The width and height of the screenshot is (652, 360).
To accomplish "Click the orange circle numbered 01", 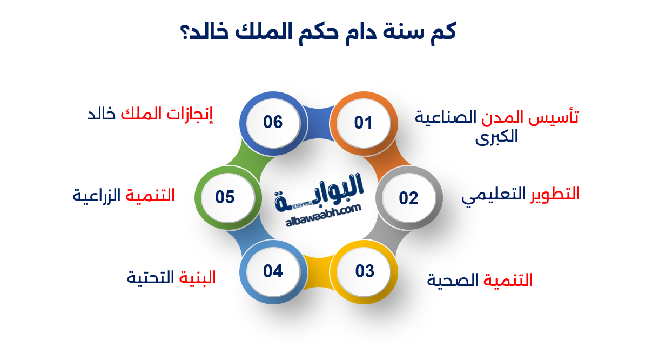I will (364, 123).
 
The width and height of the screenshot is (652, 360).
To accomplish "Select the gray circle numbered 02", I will (409, 198).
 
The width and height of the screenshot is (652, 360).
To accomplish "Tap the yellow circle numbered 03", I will (364, 271).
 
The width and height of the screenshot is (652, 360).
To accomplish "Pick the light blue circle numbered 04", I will (273, 271).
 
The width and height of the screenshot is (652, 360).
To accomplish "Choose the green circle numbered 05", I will (225, 197).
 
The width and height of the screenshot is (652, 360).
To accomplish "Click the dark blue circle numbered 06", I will (273, 122).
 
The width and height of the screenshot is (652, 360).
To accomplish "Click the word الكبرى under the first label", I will (496, 136).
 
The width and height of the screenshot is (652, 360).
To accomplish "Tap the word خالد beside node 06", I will (102, 115).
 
